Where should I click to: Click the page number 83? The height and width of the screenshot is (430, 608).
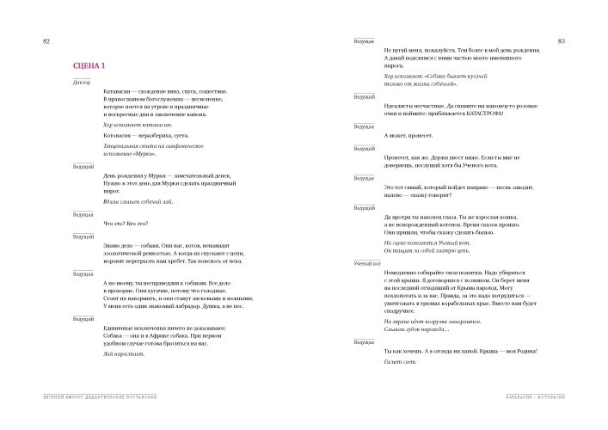(x=560, y=41)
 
